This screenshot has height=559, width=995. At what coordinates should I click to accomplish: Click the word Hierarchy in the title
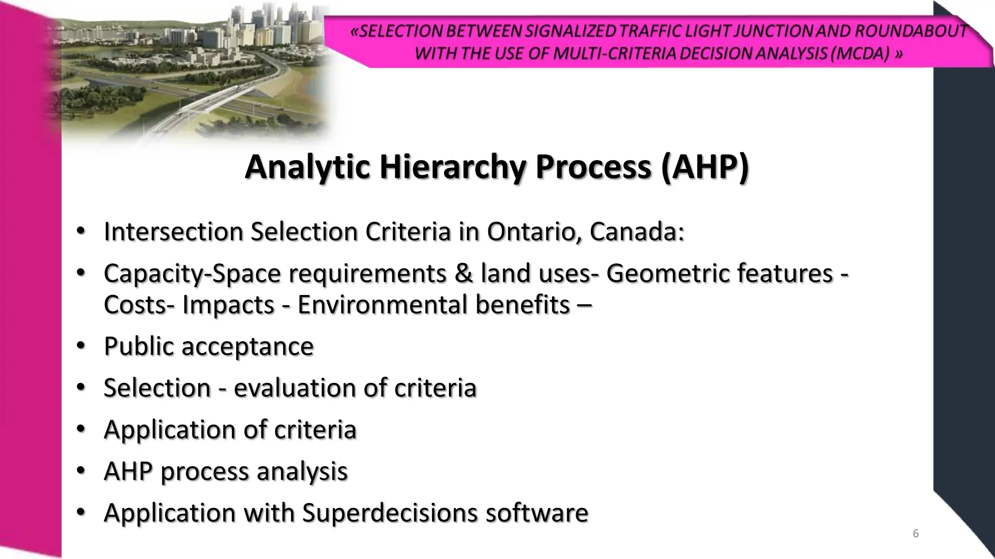[x=453, y=167]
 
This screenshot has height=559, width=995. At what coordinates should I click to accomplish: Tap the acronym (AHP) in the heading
[x=704, y=167]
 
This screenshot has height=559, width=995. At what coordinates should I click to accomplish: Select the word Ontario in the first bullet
[x=534, y=231]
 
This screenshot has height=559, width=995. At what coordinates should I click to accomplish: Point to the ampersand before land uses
[x=463, y=273]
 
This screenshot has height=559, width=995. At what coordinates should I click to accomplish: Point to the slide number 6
[x=916, y=534]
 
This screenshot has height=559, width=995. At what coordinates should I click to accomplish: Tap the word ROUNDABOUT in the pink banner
[x=910, y=31]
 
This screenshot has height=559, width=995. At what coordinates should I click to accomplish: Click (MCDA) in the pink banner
[x=860, y=53]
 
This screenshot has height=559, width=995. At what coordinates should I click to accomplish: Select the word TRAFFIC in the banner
[x=650, y=31]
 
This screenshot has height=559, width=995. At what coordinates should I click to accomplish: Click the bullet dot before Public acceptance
[x=81, y=345]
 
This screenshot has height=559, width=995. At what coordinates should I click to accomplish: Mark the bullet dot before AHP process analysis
[x=81, y=470]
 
